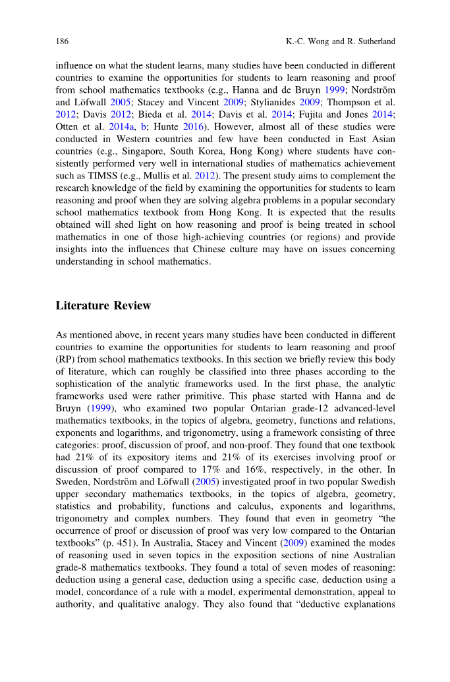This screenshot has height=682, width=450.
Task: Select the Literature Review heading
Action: [103, 305]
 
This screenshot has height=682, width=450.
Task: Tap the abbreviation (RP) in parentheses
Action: [66, 360]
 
